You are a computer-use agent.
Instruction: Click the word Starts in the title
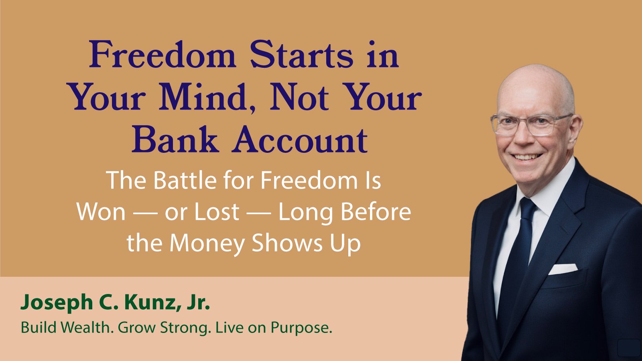(301, 55)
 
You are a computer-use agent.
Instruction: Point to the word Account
(300, 140)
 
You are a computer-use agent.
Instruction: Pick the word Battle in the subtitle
(185, 180)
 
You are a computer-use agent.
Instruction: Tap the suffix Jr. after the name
(199, 302)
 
